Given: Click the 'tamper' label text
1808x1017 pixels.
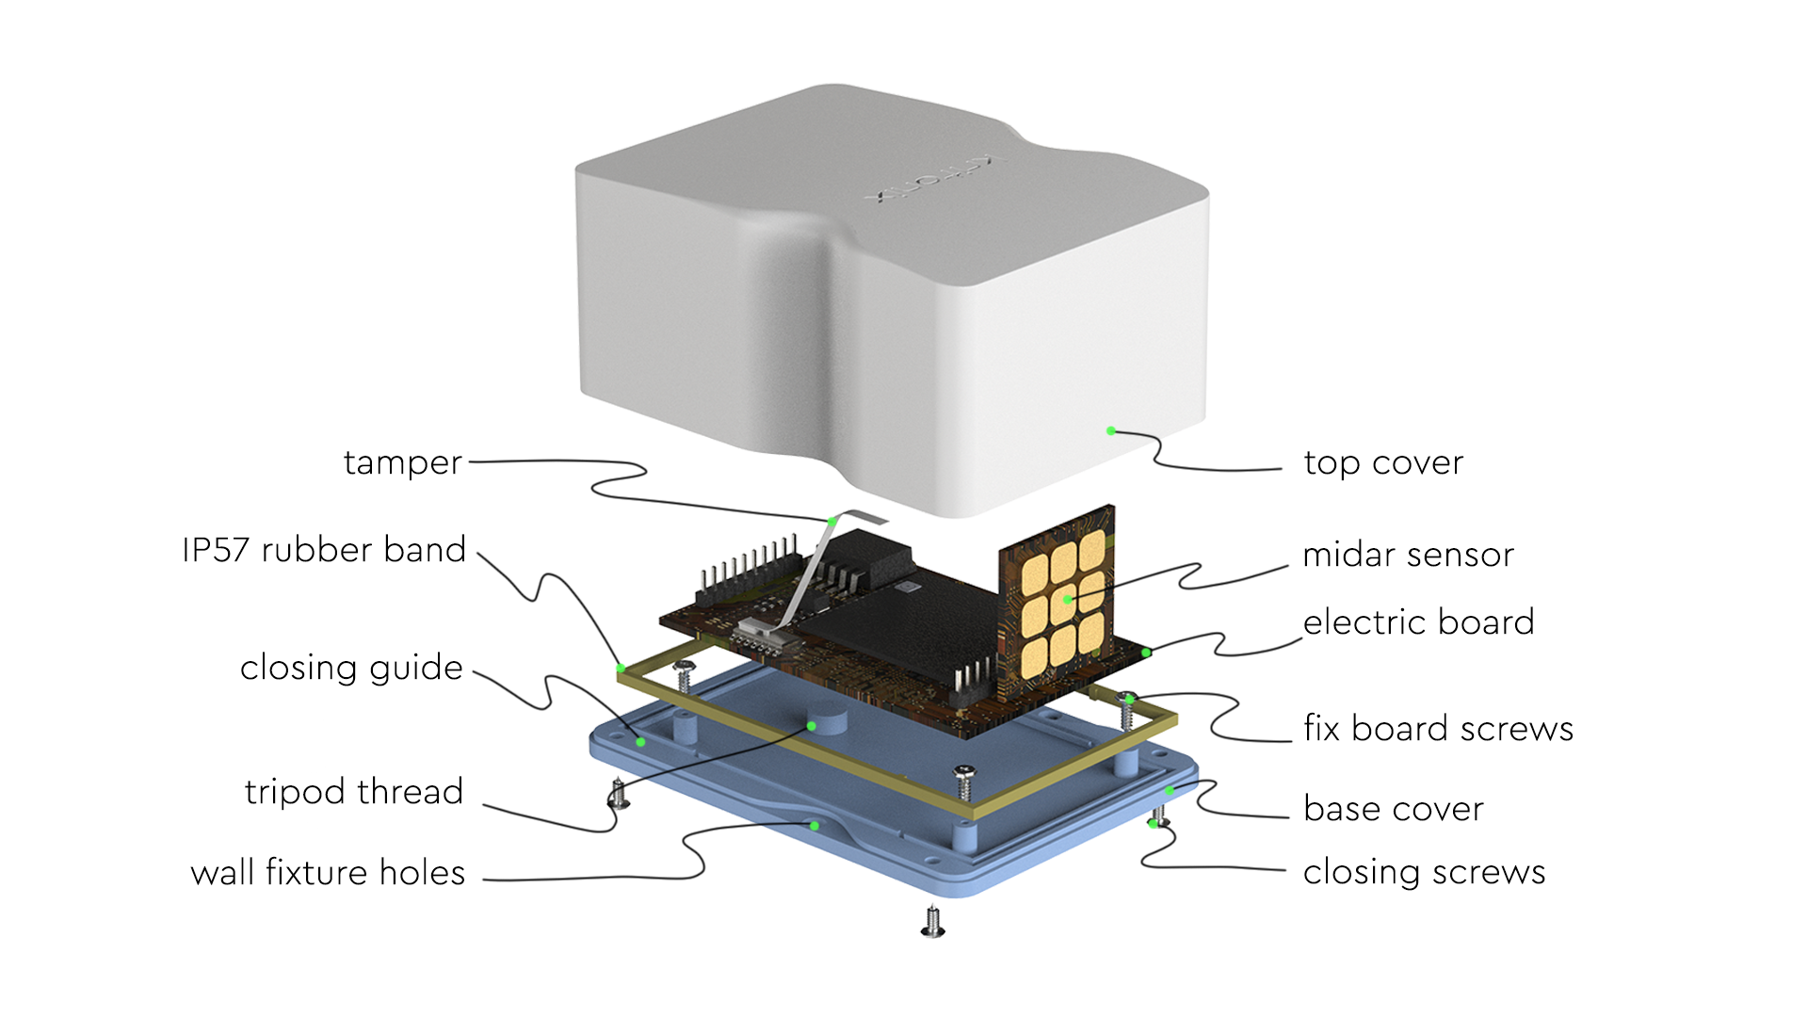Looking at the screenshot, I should (402, 463).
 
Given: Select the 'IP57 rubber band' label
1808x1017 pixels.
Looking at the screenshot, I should (324, 550).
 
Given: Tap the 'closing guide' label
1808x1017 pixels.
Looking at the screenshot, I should (351, 668).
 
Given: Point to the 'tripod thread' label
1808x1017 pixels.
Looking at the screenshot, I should (354, 792).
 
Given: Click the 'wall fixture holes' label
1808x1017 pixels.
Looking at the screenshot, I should (328, 873).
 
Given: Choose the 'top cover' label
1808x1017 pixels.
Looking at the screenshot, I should (1383, 463).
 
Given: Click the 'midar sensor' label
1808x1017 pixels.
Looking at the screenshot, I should (1408, 555).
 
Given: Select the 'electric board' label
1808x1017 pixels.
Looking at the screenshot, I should (1418, 622).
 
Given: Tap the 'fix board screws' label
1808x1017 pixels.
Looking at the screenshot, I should (1438, 729).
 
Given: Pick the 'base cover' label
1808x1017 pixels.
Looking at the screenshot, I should (1394, 809).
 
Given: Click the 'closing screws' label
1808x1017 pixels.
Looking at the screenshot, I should (1424, 872).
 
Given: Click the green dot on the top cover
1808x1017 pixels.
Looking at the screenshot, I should (1111, 431).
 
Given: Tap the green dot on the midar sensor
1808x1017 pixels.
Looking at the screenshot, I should (1068, 599).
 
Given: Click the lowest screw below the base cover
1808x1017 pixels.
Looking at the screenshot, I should (932, 922).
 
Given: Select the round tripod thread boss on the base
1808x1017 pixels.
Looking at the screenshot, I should (827, 720).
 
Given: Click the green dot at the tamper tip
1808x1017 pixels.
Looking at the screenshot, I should (832, 521).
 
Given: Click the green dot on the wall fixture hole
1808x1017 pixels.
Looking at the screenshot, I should (815, 826).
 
